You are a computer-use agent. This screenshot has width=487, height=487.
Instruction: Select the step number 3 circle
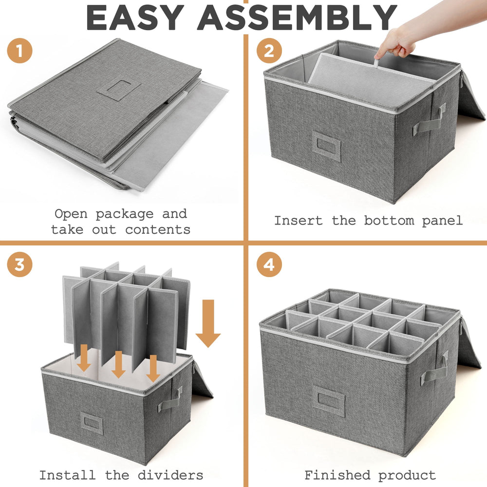(20, 265)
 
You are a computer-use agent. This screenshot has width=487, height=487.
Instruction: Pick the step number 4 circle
(269, 265)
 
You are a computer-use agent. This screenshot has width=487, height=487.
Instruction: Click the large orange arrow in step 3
(208, 323)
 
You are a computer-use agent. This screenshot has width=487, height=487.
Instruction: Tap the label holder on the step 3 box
(92, 423)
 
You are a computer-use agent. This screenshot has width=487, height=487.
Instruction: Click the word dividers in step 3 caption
(165, 475)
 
